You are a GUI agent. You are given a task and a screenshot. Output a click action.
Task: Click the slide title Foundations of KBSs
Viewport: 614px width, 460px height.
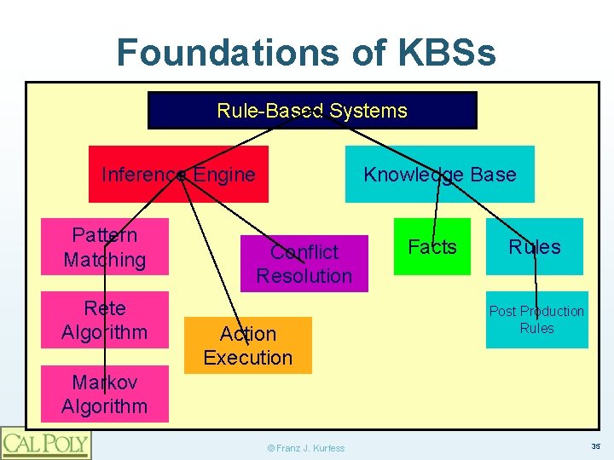tap(305, 53)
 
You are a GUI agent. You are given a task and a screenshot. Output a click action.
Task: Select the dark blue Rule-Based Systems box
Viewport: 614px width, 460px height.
tap(312, 111)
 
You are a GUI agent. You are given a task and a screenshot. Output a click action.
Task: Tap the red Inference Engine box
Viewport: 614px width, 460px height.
tap(178, 175)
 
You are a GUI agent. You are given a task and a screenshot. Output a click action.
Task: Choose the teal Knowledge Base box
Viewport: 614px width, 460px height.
tap(439, 175)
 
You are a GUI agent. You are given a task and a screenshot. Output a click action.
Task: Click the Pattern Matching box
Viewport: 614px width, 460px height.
tap(105, 247)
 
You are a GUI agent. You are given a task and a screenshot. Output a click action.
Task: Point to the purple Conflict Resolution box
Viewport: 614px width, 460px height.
tap(304, 264)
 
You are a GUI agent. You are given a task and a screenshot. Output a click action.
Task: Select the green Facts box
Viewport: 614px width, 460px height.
tap(432, 247)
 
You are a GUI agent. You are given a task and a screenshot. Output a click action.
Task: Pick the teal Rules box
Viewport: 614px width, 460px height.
tap(535, 247)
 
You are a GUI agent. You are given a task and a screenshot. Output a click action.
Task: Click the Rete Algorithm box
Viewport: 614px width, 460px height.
tap(105, 320)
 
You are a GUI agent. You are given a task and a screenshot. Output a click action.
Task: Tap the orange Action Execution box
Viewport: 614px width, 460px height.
tap(248, 346)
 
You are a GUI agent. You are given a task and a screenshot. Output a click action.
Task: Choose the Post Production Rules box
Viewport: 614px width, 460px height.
tap(536, 320)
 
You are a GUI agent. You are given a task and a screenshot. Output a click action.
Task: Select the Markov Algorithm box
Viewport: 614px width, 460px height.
tap(105, 394)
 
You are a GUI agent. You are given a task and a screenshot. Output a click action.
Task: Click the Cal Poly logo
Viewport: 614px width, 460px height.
tap(45, 443)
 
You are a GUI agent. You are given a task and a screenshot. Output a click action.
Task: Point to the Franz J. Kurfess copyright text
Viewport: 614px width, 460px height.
tap(306, 448)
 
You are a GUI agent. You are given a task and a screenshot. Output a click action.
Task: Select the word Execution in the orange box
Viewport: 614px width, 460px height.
tap(248, 358)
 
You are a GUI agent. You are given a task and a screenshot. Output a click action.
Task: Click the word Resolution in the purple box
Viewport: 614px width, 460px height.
tap(304, 276)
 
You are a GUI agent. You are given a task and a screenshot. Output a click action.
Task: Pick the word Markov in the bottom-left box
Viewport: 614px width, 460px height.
tap(105, 382)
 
